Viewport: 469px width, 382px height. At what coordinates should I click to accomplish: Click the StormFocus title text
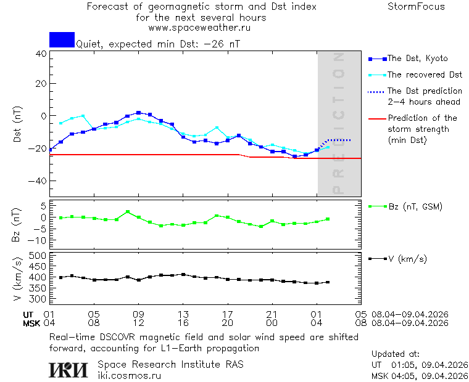(416, 7)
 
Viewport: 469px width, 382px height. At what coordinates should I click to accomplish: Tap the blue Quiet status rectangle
(62, 39)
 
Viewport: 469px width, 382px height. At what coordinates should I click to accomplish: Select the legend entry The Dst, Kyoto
(417, 59)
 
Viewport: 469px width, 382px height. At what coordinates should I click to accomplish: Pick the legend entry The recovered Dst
(425, 75)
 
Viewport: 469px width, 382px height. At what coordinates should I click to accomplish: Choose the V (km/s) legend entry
(407, 259)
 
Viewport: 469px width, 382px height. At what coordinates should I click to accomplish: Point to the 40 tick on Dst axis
(41, 54)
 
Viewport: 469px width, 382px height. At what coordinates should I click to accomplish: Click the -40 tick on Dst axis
(39, 182)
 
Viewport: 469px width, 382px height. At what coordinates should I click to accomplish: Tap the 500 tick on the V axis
(38, 255)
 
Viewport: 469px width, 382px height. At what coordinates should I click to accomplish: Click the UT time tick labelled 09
(139, 314)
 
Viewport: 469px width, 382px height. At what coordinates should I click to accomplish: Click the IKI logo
(69, 369)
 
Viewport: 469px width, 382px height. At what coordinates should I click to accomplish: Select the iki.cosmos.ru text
(129, 375)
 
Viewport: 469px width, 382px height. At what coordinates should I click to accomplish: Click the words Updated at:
(396, 354)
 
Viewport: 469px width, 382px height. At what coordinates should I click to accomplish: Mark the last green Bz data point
(328, 219)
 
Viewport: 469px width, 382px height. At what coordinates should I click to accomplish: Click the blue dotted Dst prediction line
(339, 140)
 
